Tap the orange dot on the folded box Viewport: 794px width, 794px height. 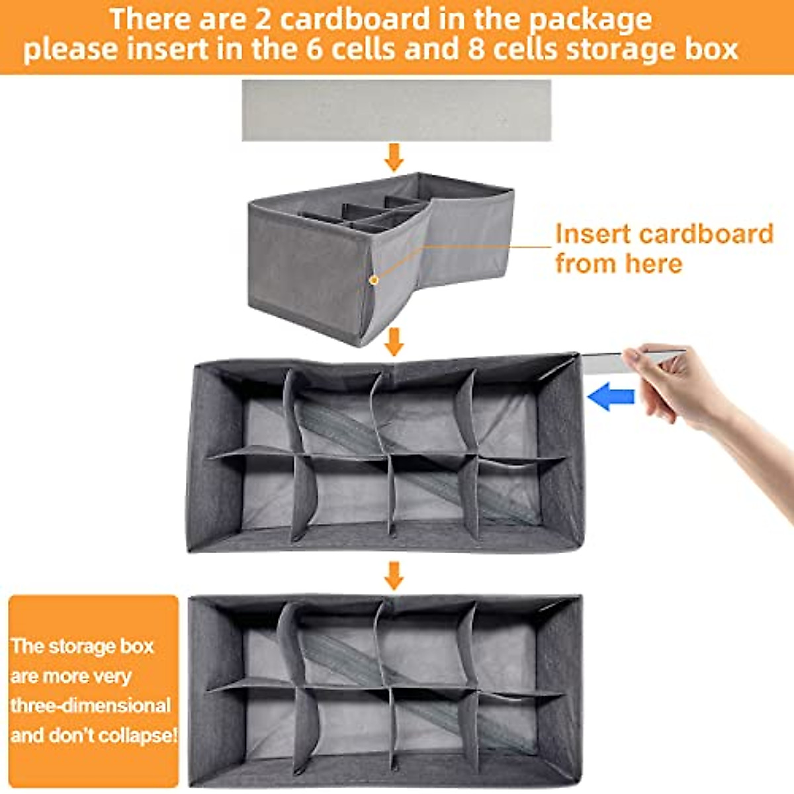(374, 280)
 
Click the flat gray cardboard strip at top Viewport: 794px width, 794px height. (396, 110)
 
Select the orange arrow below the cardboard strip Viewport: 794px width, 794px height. (394, 157)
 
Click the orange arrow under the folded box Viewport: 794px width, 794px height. (394, 341)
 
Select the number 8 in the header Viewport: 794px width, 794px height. (476, 50)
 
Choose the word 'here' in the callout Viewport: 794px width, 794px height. (652, 263)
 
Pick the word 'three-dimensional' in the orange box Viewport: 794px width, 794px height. (91, 705)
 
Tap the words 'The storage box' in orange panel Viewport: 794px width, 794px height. (83, 646)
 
